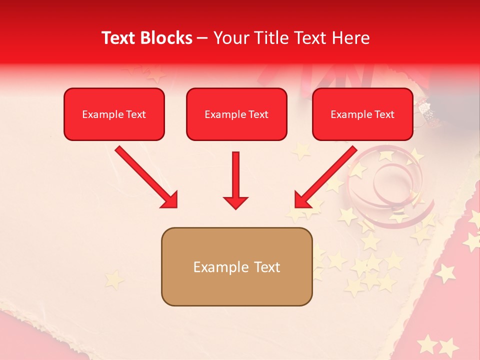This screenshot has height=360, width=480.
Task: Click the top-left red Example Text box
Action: [x=114, y=114]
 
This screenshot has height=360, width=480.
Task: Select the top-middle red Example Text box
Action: [x=236, y=114]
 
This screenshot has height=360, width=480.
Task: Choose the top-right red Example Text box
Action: [x=362, y=114]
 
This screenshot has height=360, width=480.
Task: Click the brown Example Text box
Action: [x=236, y=266]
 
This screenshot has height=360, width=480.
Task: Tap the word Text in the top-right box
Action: [x=384, y=114]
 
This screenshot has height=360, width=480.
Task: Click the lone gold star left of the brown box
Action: [x=113, y=279]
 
